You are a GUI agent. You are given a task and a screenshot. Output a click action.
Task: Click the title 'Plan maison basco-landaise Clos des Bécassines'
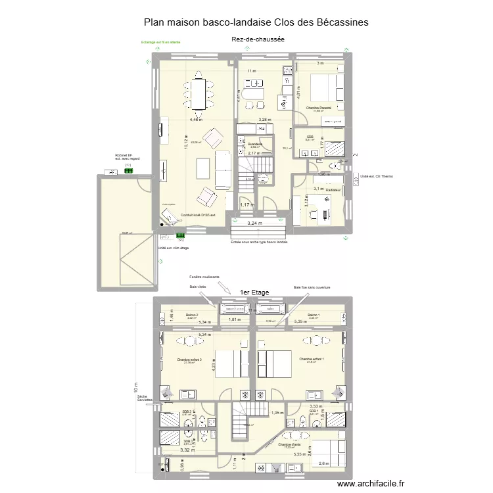tap(256, 22)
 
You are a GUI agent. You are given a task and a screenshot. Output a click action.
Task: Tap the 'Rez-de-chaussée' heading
tap(258, 39)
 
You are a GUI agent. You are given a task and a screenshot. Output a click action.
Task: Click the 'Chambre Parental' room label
tap(319, 108)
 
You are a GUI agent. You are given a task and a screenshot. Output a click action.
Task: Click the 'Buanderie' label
tap(256, 144)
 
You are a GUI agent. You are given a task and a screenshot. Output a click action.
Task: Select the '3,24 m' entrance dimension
tap(254, 223)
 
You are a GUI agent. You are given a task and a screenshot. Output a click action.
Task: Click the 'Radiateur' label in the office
tap(333, 190)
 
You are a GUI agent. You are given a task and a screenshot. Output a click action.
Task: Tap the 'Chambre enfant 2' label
tap(189, 360)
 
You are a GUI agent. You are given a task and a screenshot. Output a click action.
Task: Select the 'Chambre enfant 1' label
tap(312, 359)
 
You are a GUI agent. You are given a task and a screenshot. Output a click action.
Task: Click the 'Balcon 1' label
tap(313, 316)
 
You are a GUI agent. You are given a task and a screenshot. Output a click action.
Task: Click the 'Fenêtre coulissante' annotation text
tap(204, 277)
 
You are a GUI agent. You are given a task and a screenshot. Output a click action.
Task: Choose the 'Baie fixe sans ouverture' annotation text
tap(312, 287)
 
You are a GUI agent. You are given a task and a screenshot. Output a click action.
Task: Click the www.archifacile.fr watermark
tap(371, 484)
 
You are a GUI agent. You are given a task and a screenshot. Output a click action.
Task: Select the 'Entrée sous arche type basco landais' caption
tap(259, 242)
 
